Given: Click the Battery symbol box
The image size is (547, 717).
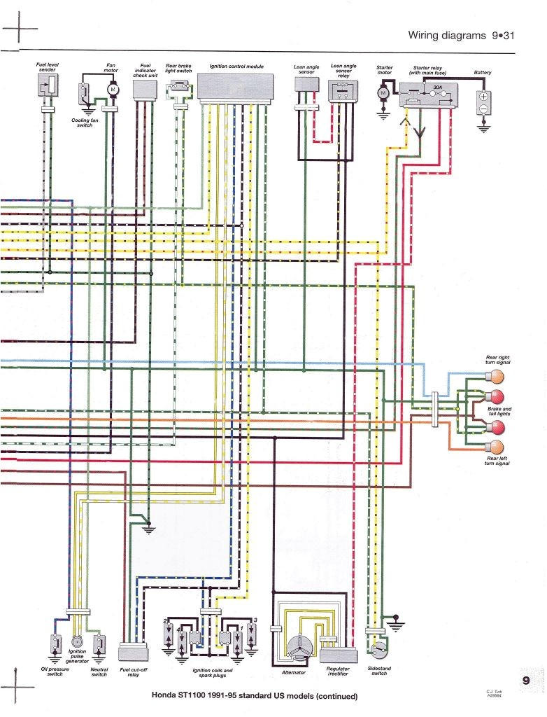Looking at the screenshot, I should point(483,102).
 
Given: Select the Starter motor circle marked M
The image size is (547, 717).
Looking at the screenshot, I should point(383,92).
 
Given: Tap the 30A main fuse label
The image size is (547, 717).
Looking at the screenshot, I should point(437,88).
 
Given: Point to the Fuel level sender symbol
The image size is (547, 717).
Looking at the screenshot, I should point(48,87).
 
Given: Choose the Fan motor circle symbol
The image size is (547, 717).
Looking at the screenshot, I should point(112,89).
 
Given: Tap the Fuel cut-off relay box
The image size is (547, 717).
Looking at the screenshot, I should point(132,652).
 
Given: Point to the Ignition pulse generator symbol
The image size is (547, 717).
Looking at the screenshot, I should point(77,641).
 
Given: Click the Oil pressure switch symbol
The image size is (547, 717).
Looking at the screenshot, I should point(54,643).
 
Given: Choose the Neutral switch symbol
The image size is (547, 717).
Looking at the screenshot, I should point(99,643).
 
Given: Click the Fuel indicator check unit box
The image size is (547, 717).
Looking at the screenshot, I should point(145,88).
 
